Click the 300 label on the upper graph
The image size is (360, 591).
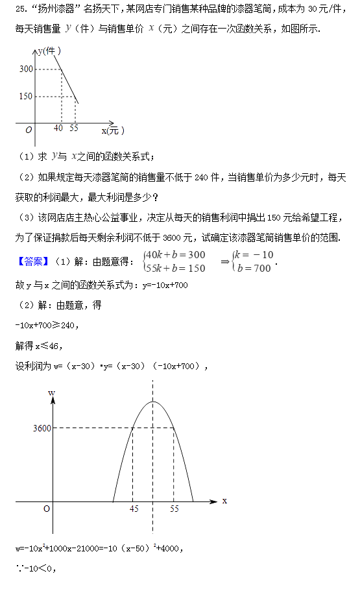tap(25, 69)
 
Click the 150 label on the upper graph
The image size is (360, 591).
tap(25, 97)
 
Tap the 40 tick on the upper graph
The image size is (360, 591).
tap(58, 128)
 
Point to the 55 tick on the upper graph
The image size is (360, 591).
tap(73, 128)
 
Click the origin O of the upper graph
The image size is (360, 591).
tap(29, 129)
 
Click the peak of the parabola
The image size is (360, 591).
tap(153, 402)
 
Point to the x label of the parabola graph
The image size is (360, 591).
tap(224, 501)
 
